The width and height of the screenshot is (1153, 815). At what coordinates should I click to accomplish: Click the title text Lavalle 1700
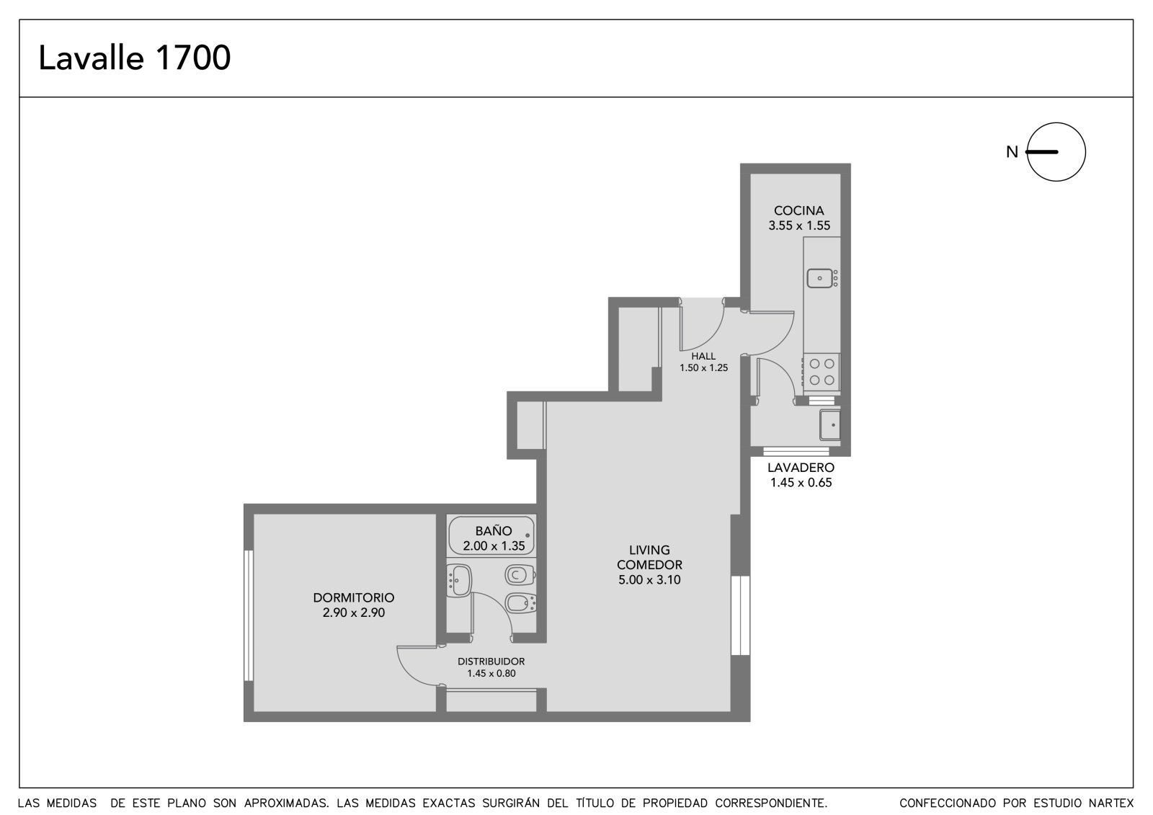(x=134, y=58)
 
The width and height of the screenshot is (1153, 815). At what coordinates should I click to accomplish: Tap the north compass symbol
(x=1056, y=152)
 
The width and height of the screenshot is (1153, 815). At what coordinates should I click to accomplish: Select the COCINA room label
(x=799, y=210)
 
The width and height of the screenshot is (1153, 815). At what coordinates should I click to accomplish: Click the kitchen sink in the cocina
(x=819, y=279)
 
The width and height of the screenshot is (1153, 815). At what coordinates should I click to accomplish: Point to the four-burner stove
(x=822, y=372)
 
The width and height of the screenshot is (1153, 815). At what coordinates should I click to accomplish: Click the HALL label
(x=703, y=356)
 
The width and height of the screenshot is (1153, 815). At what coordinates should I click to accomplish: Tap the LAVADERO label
(x=801, y=468)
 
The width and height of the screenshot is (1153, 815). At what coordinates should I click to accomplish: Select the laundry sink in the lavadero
(x=829, y=424)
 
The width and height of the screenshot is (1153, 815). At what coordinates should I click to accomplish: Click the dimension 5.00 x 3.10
(x=649, y=579)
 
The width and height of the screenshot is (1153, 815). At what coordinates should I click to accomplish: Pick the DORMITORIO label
(x=354, y=597)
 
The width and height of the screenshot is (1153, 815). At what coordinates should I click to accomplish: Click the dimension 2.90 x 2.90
(x=354, y=613)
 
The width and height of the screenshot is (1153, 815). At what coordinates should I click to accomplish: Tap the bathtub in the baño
(x=491, y=536)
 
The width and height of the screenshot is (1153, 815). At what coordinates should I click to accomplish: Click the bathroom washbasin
(x=458, y=581)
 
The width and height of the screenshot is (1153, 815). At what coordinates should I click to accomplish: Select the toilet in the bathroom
(x=520, y=574)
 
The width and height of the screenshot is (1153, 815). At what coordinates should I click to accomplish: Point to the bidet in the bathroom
(x=520, y=603)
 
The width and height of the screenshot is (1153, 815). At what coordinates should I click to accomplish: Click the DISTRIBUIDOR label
(x=491, y=662)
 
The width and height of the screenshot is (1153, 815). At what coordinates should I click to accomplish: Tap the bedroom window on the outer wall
(x=249, y=616)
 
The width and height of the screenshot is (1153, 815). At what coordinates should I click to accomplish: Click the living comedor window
(x=740, y=615)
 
